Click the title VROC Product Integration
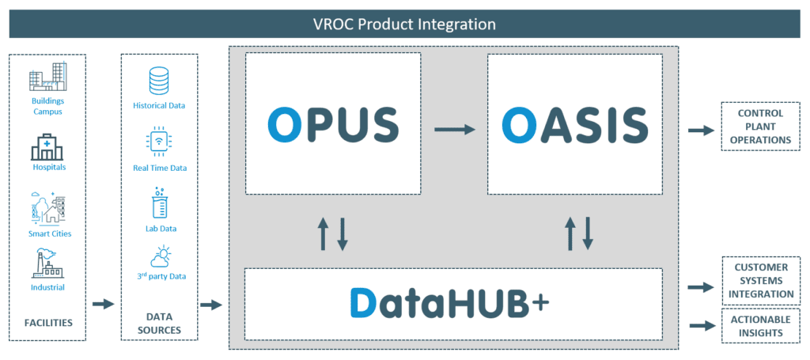tap(404, 24)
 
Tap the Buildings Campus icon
tap(47, 80)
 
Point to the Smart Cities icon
tap(47, 207)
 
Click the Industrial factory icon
tap(47, 263)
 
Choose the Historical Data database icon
tap(160, 81)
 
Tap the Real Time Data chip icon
tap(160, 143)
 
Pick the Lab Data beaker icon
tap(160, 204)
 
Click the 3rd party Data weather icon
tap(160, 257)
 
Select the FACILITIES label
tap(47, 323)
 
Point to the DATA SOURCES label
tap(160, 323)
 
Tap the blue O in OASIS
tap(521, 124)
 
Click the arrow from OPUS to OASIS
tap(454, 127)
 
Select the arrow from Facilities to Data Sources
tap(103, 303)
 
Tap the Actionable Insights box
tap(760, 326)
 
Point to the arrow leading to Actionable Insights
tap(702, 325)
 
